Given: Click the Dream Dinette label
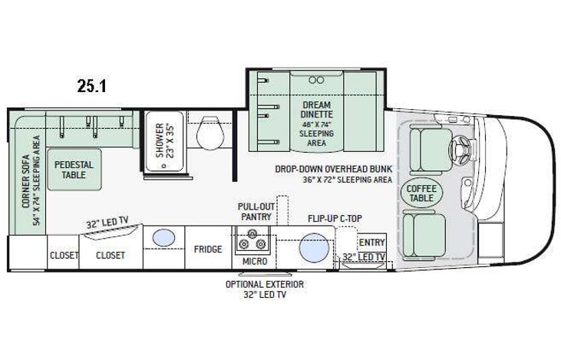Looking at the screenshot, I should (x=316, y=109).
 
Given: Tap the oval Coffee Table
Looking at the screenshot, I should (x=421, y=193).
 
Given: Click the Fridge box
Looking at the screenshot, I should (x=207, y=249).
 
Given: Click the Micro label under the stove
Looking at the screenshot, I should (x=256, y=263).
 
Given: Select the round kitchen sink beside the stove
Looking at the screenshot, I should (x=313, y=249).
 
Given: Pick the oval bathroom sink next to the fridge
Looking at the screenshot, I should (x=163, y=238).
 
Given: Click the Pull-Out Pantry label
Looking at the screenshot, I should (x=256, y=212).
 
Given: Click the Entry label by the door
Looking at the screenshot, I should (x=371, y=243).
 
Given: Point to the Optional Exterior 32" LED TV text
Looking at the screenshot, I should (x=264, y=289).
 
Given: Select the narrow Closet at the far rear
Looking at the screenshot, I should (x=64, y=256).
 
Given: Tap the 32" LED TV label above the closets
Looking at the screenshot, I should (x=107, y=224).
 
